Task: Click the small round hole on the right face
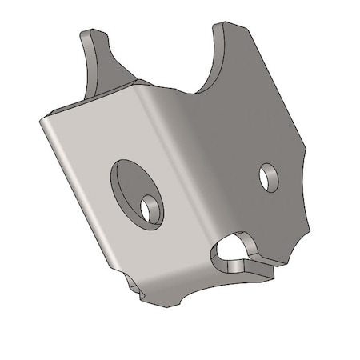coord(269,177)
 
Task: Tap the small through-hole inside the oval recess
coord(150,206)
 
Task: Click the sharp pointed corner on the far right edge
coord(309,150)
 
